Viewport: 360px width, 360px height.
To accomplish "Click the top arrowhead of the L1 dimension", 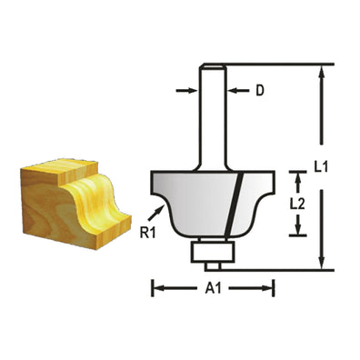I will click(x=321, y=71).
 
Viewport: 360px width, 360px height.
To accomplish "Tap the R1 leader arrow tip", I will click(x=167, y=208).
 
